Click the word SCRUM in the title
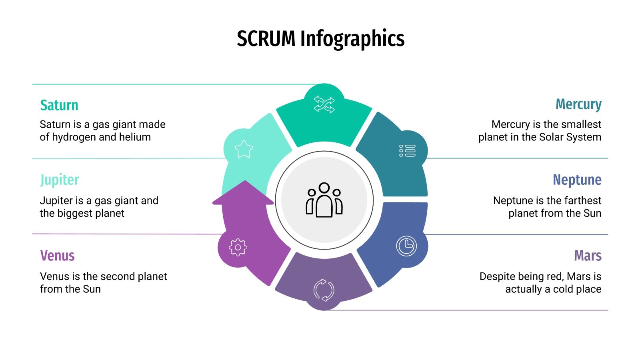[266, 39]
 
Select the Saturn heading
[59, 105]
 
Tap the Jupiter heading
[59, 180]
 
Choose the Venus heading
[57, 256]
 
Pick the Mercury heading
[578, 104]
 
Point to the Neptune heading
[577, 180]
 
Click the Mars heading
[587, 256]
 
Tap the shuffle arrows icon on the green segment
[324, 104]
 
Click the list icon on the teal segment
[407, 151]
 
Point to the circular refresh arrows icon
[324, 290]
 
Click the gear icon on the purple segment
[238, 247]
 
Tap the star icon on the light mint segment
[244, 149]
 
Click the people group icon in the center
[324, 200]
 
